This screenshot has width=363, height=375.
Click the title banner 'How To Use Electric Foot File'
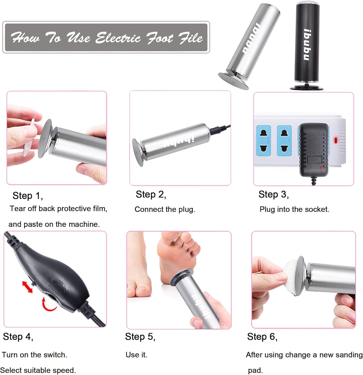tap(106, 37)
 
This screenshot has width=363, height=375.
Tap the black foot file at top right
tap(307, 45)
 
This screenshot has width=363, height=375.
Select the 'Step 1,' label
tap(28, 196)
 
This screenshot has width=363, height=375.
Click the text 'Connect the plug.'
tap(165, 209)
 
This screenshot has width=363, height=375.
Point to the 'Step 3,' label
tap(274, 195)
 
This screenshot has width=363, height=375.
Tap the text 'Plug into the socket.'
tap(294, 209)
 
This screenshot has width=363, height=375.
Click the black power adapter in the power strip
tap(314, 149)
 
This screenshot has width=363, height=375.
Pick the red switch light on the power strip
tap(336, 140)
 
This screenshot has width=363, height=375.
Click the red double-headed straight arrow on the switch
tap(27, 287)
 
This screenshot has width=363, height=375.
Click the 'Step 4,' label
tap(18, 337)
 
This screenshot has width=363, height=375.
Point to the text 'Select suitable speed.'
tap(38, 370)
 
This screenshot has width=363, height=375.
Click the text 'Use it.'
tap(136, 355)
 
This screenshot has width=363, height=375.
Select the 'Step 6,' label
tap(262, 337)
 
